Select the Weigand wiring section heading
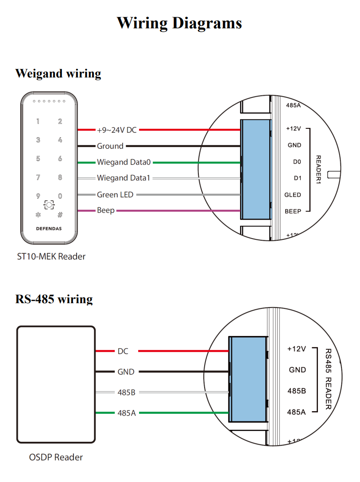(x=58, y=73)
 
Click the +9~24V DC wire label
(x=117, y=130)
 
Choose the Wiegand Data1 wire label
(x=124, y=178)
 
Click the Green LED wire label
(x=115, y=195)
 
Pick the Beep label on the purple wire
(x=106, y=210)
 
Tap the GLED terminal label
(x=293, y=195)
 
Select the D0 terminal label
(x=297, y=162)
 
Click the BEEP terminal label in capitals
(x=293, y=212)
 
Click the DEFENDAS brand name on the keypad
(x=49, y=229)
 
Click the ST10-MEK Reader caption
(x=50, y=256)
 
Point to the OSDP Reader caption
(x=56, y=457)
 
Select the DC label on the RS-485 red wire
(x=123, y=351)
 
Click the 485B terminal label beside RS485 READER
(x=296, y=391)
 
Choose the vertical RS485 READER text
(x=328, y=379)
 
